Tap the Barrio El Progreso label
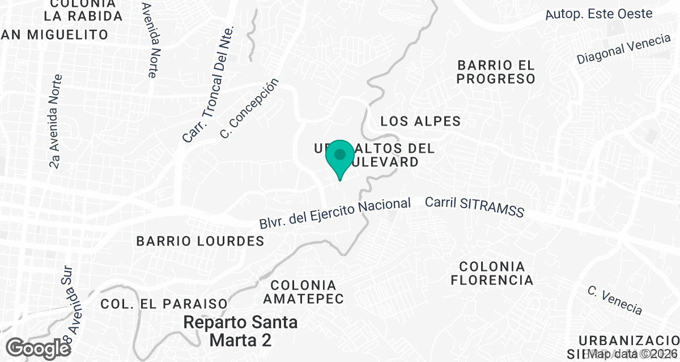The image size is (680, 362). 496,72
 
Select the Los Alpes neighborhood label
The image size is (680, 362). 420,121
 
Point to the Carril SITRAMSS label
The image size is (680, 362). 474,207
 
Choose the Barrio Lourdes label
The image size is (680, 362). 200,241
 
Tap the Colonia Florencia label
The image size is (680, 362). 492,273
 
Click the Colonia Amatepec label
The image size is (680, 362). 307,291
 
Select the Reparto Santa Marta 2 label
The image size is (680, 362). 240,331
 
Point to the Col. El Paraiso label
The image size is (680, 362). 164,304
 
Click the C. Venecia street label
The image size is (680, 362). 615,300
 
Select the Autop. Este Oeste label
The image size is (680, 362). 599,14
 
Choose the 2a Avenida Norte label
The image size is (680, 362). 55,122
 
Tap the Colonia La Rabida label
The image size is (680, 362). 78,10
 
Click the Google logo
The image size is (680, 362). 39,348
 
